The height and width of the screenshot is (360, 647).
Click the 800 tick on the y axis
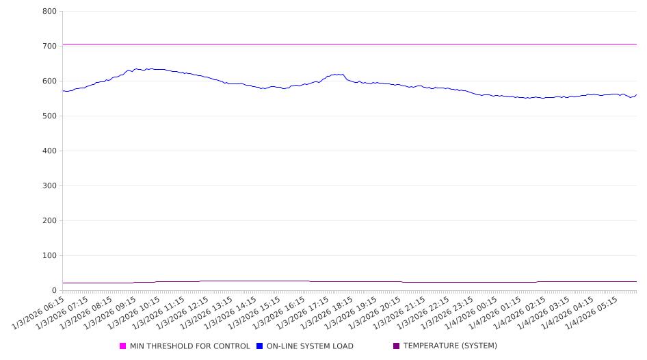pyautogui.click(x=49, y=12)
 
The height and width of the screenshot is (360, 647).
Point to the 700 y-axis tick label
pyautogui.click(x=49, y=47)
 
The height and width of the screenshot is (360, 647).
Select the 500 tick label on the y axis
pyautogui.click(x=49, y=116)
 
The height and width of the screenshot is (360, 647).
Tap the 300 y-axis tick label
pyautogui.click(x=49, y=186)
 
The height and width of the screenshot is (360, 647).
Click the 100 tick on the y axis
pyautogui.click(x=49, y=256)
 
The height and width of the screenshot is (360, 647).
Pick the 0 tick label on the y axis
pyautogui.click(x=54, y=291)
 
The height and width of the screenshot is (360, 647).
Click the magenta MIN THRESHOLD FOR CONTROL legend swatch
pyautogui.click(x=123, y=346)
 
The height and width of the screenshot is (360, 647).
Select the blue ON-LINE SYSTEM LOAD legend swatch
pyautogui.click(x=260, y=346)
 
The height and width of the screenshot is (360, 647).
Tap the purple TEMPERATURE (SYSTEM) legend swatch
pyautogui.click(x=397, y=346)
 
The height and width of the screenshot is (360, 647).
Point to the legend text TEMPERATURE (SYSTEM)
pyautogui.click(x=450, y=346)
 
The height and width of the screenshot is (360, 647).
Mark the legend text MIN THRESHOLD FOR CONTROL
pyautogui.click(x=190, y=346)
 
